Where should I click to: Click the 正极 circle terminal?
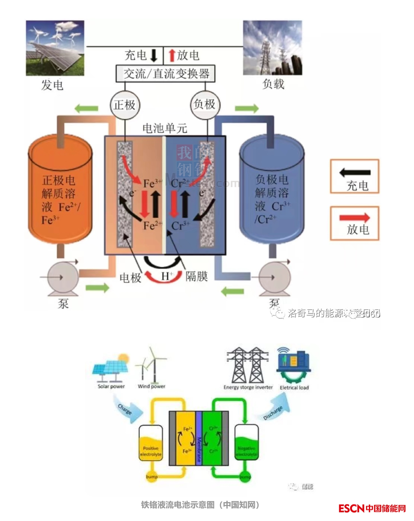click(125, 105)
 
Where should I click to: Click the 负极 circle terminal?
click(205, 104)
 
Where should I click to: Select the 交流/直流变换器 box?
click(165, 74)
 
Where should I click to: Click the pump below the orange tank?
click(62, 278)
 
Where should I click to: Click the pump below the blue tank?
click(275, 277)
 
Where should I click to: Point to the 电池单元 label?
click(164, 128)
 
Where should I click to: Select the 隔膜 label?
click(197, 276)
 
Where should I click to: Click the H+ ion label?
click(166, 276)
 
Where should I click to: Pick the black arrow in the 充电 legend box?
click(355, 172)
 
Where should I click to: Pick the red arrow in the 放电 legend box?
click(355, 218)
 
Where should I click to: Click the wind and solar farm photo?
click(55, 48)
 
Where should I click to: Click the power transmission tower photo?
click(272, 48)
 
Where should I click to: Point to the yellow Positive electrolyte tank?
click(150, 443)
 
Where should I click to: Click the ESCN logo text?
click(351, 508)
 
